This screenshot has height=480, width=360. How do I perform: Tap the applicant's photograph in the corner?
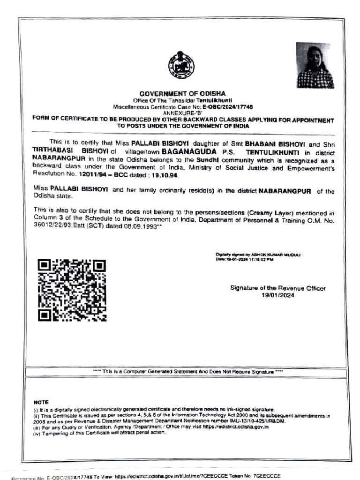coord(315,65)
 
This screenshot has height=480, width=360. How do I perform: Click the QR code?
coord(72,290)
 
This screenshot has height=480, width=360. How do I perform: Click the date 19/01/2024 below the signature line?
coord(278,295)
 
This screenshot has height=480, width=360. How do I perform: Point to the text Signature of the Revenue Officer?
coord(277,288)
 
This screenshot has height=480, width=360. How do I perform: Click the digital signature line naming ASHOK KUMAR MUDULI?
coord(258,255)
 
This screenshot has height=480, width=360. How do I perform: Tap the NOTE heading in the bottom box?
coord(41,402)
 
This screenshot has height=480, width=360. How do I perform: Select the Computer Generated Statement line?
coord(187,371)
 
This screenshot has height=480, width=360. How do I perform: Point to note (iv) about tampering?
coord(99,432)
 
